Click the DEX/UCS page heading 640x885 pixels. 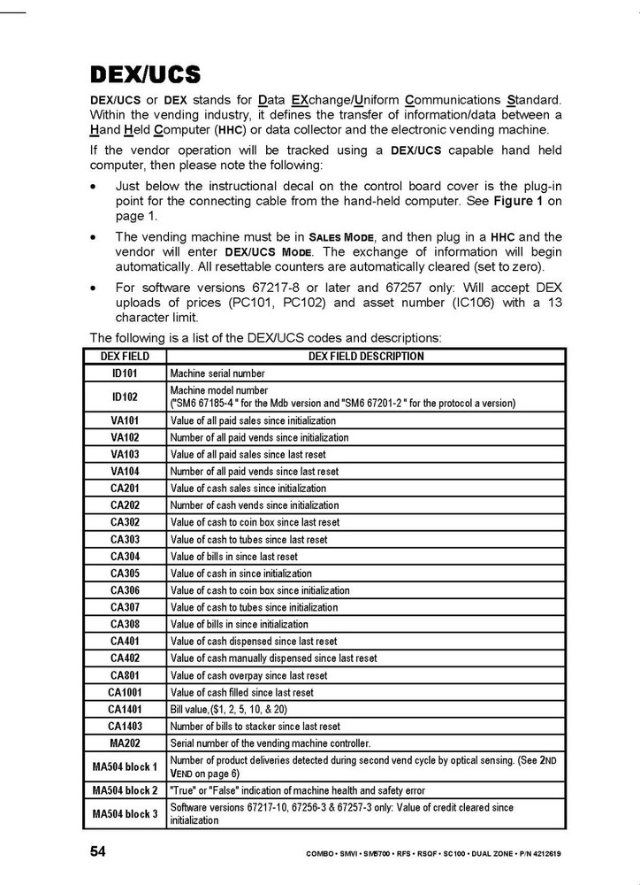[x=145, y=73]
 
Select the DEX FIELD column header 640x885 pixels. [x=125, y=357]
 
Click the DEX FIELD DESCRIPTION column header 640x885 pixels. [x=366, y=357]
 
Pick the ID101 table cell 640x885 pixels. [x=125, y=373]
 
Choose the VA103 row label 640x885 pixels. [x=125, y=454]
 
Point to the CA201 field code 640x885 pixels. [x=125, y=489]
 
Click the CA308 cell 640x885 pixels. [x=125, y=624]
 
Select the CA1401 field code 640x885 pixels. [x=125, y=709]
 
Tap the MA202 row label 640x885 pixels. [x=125, y=743]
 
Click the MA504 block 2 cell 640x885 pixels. [x=125, y=790]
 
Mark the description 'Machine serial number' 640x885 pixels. [x=217, y=373]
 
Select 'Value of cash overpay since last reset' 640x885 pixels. [x=248, y=675]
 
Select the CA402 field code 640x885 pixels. [x=125, y=658]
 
